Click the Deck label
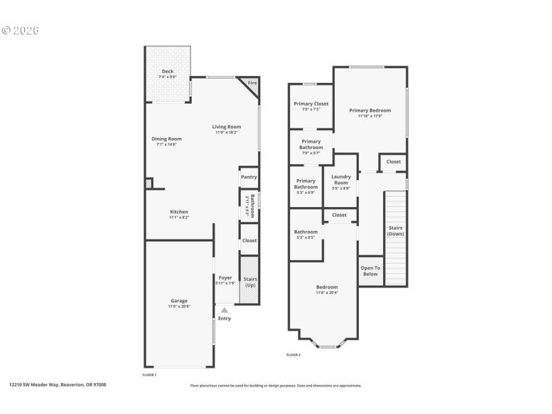click(168, 71)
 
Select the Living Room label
click(226, 127)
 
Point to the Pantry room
click(248, 177)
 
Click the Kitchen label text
click(179, 212)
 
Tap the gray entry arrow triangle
click(224, 310)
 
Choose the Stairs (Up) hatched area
click(249, 279)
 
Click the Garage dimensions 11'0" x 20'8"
click(179, 306)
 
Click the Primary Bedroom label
click(370, 110)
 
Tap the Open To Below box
click(371, 270)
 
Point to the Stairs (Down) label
click(395, 230)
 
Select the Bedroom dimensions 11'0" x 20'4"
click(326, 293)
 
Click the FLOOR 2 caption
click(293, 355)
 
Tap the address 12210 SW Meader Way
click(58, 385)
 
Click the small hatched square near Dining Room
click(148, 184)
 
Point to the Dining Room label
click(166, 139)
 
